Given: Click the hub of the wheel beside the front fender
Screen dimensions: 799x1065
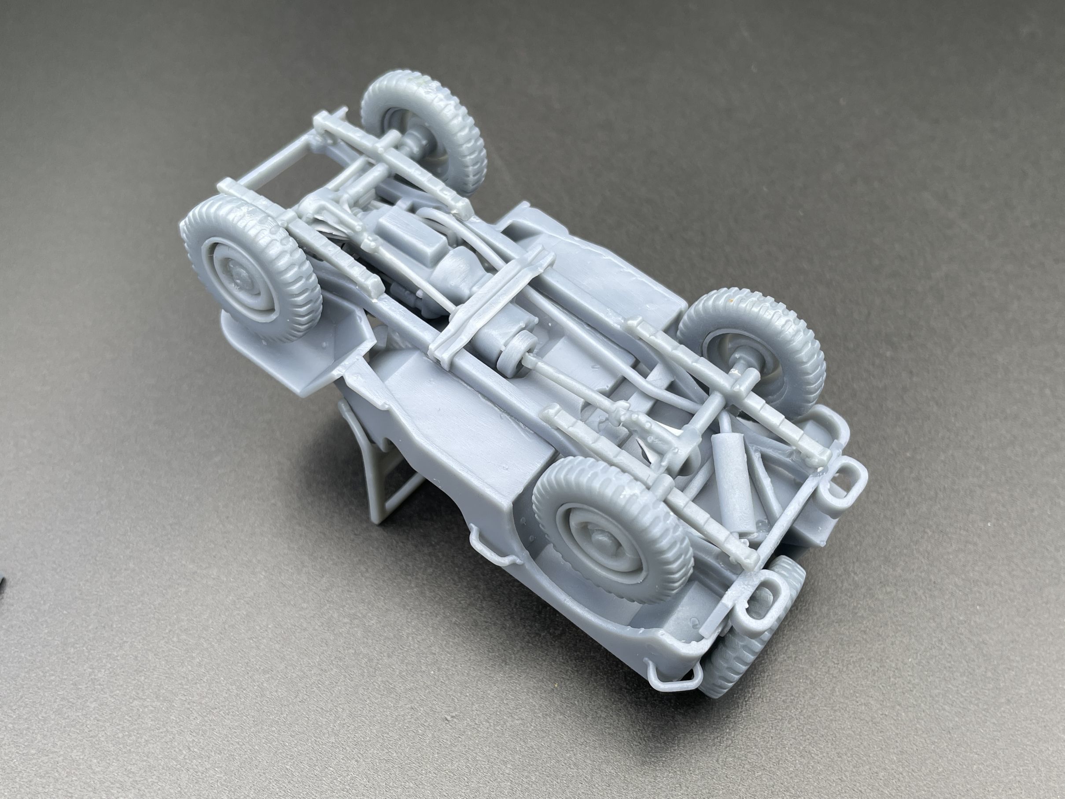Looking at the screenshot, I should click(x=238, y=277).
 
